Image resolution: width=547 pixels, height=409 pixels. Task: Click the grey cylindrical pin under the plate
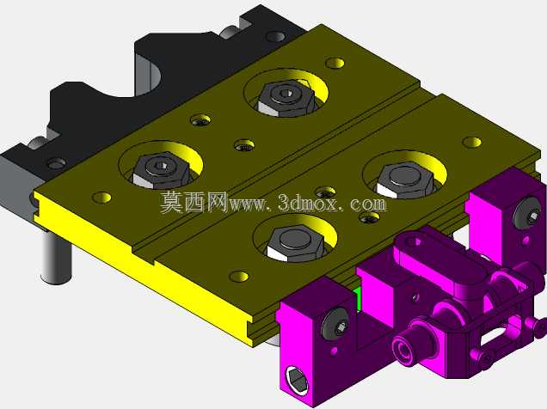point(56,256)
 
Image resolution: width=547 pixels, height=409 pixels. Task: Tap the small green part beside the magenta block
point(357,296)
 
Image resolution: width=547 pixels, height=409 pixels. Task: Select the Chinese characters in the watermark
point(194,202)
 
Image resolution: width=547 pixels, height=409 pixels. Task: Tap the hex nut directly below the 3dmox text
point(295,243)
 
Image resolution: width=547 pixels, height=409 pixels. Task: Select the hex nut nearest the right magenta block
point(405,180)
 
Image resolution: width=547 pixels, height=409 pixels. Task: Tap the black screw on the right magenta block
point(527,214)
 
